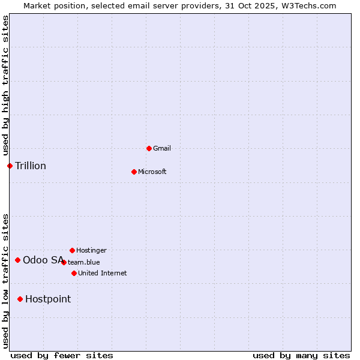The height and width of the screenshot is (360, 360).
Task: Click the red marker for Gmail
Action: (x=149, y=148)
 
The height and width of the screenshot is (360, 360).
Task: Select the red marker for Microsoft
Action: (x=134, y=172)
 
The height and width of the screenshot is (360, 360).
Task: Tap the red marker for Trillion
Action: (x=10, y=166)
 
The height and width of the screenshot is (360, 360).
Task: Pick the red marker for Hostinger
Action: (x=72, y=250)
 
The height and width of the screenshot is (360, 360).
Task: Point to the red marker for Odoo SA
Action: (x=17, y=260)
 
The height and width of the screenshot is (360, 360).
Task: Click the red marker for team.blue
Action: (x=64, y=262)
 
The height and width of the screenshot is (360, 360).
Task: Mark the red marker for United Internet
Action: (x=74, y=273)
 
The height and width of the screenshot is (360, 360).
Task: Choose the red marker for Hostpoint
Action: (x=20, y=299)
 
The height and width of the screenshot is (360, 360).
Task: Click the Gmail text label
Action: (x=162, y=148)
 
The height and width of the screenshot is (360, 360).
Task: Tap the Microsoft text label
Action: (x=152, y=172)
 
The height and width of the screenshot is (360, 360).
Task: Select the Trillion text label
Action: (x=31, y=166)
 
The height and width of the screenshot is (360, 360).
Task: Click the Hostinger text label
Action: (x=91, y=250)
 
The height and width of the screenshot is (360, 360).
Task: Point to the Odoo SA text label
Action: (x=43, y=260)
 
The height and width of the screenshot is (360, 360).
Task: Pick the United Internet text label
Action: (x=103, y=273)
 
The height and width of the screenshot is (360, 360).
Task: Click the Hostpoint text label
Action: (x=48, y=299)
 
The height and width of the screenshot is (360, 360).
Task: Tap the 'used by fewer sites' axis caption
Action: (x=62, y=355)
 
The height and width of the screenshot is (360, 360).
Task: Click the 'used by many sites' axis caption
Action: (x=301, y=355)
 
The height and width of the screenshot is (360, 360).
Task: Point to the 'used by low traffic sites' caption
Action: (x=5, y=281)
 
